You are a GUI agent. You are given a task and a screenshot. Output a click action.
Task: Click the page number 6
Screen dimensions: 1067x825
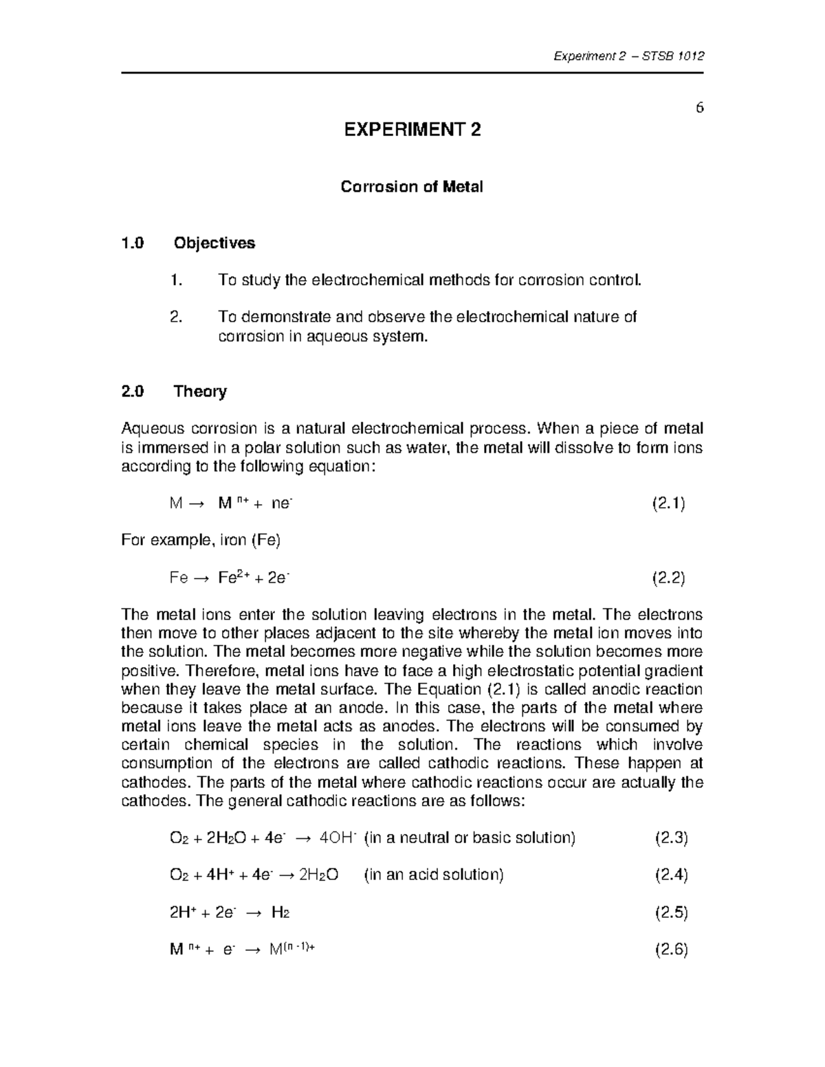click(699, 108)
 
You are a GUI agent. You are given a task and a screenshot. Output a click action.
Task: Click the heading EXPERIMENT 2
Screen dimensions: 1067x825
click(412, 129)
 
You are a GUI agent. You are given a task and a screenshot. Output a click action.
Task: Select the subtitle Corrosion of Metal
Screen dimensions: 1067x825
click(412, 186)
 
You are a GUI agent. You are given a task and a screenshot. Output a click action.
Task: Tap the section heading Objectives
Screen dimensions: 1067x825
click(214, 243)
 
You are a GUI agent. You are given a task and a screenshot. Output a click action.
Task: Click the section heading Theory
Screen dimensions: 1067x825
click(200, 391)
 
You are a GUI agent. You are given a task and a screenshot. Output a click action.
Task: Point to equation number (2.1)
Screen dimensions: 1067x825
click(668, 504)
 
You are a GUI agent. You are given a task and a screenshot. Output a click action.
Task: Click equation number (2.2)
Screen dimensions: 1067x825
click(668, 578)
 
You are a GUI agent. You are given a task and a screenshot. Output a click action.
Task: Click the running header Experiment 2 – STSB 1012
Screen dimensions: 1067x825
click(628, 56)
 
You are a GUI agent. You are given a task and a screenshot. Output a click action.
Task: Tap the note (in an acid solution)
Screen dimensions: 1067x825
click(434, 875)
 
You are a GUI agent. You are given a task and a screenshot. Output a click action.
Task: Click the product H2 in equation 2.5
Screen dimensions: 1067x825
click(280, 912)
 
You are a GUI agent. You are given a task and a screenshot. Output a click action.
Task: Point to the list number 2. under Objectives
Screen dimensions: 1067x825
click(175, 317)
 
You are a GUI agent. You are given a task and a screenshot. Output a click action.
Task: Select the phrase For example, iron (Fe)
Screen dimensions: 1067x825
click(201, 541)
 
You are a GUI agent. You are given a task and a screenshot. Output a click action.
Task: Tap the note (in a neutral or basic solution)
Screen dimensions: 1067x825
click(470, 838)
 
